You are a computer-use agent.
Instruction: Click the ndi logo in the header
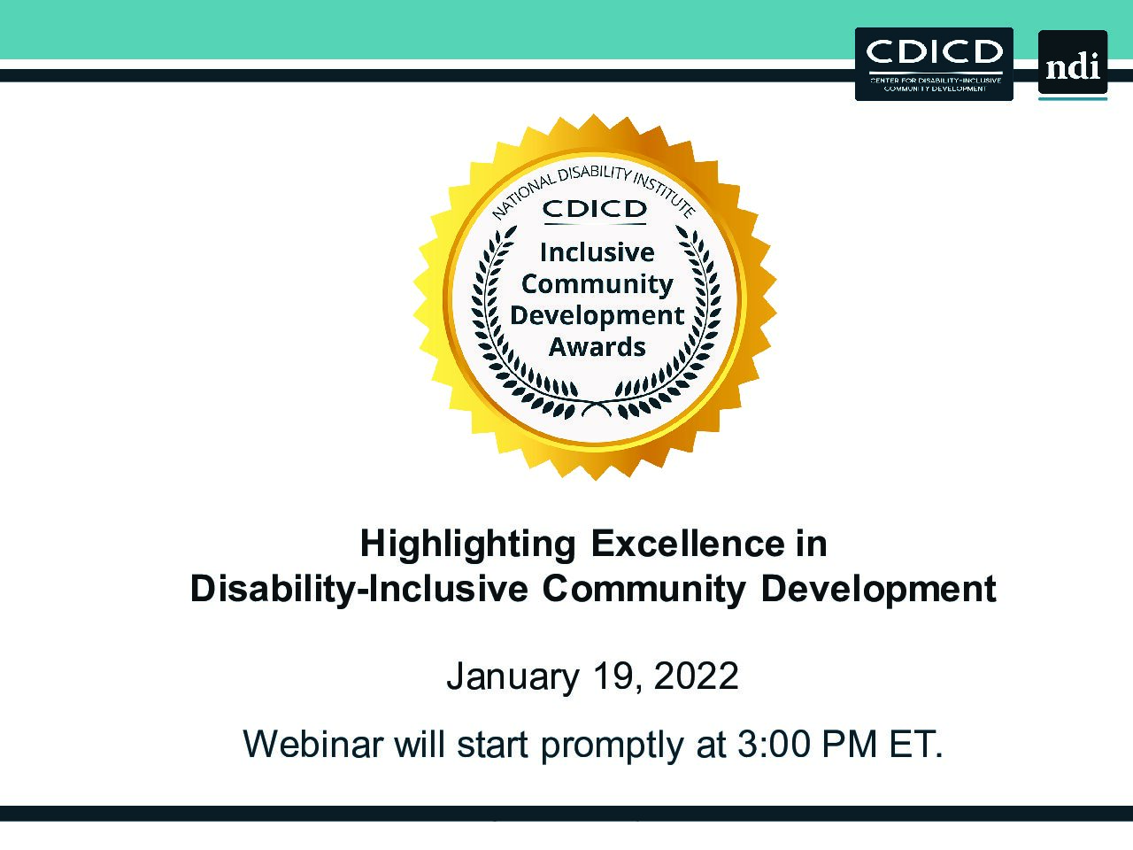(1073, 65)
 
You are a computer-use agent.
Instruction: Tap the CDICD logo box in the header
(934, 64)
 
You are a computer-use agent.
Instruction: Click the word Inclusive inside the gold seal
(597, 253)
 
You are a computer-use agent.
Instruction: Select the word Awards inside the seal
(597, 347)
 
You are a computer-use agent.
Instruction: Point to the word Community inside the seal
(597, 285)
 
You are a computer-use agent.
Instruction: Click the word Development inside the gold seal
(597, 316)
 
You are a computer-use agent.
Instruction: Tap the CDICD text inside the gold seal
(595, 209)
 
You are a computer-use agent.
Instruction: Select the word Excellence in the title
(688, 544)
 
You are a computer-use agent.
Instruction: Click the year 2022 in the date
(696, 676)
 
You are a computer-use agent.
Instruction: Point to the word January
(513, 678)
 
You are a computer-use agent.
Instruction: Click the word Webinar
(312, 745)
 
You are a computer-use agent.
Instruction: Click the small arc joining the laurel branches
(597, 409)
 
